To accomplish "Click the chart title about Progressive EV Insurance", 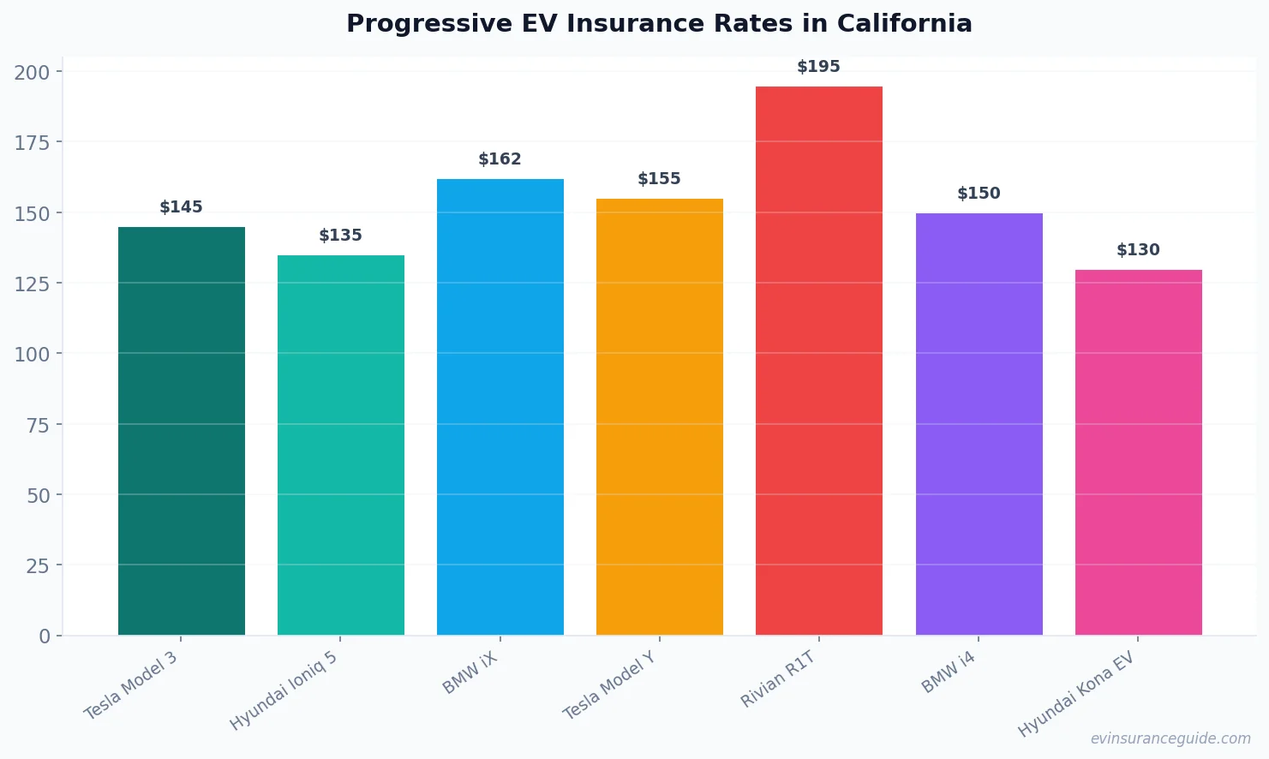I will coord(659,24).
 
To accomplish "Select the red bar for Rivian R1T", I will coord(818,360).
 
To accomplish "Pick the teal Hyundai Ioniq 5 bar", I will coord(340,445).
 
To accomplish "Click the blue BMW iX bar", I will coord(500,407).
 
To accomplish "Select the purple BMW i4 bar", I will coord(979,424).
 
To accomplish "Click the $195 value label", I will coord(818,67).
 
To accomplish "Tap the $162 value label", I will coord(500,159).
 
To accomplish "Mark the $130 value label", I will coord(1138,250).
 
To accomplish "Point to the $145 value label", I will coord(181,207).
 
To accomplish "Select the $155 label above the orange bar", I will coord(659,179).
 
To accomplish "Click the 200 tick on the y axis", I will coord(32,72).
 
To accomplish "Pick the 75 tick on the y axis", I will coord(38,425).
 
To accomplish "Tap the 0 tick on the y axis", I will coord(45,636).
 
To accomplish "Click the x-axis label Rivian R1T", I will coord(777,679).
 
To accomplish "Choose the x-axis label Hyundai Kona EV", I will coord(1075,694).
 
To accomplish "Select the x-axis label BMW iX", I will coord(470,672).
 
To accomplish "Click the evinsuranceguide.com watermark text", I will coord(1170,738).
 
